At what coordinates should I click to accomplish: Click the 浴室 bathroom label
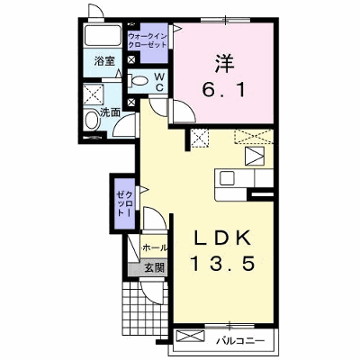[x=104, y=61]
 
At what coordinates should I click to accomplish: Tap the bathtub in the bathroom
[x=103, y=35]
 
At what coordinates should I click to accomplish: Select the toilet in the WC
[x=138, y=80]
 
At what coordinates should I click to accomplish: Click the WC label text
[x=159, y=82]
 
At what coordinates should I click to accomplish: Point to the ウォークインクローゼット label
[x=148, y=40]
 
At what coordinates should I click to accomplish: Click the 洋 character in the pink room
[x=224, y=63]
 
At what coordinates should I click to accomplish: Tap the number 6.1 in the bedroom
[x=224, y=89]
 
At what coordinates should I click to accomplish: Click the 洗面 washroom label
[x=110, y=112]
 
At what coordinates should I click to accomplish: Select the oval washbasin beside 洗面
[x=92, y=121]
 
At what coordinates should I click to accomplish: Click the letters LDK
[x=222, y=238]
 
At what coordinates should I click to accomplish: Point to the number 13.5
[x=223, y=264]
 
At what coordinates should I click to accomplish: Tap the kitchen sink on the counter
[x=227, y=179]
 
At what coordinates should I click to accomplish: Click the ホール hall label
[x=154, y=247]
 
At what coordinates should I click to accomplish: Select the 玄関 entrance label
[x=155, y=267]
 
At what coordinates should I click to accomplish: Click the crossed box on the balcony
[x=191, y=336]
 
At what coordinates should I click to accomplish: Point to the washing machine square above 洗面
[x=93, y=94]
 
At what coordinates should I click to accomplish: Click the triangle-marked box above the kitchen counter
[x=255, y=156]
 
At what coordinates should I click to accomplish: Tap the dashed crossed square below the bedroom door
[x=200, y=138]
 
